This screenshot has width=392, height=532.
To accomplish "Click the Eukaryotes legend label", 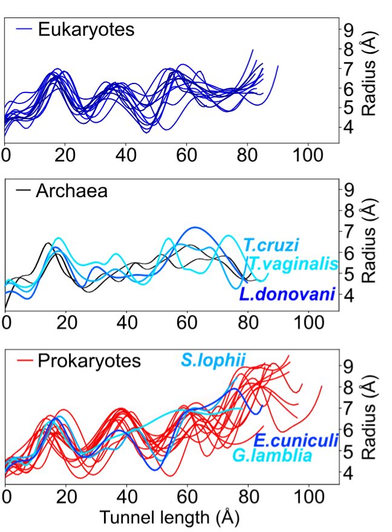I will click(x=85, y=29).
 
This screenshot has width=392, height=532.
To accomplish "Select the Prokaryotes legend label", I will click(x=89, y=361).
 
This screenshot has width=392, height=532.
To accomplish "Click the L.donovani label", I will click(x=287, y=295).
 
